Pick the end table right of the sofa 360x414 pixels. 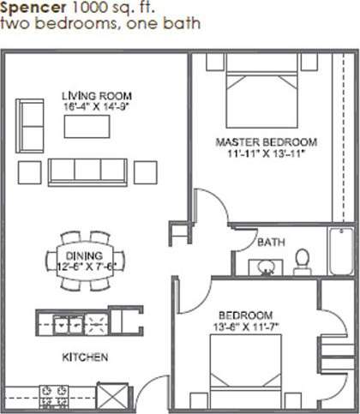(146, 172)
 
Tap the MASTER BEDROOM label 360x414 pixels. (267, 141)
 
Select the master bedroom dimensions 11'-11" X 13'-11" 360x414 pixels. (267, 155)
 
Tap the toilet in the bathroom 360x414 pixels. (302, 258)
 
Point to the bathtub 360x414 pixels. (344, 252)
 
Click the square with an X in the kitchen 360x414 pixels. (112, 397)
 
